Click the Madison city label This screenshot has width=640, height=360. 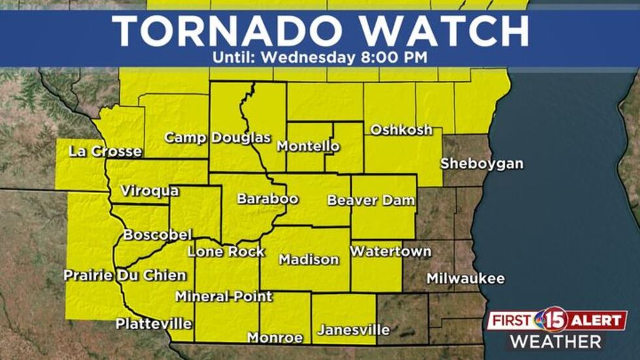[309, 259]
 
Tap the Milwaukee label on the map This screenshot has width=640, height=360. [466, 278]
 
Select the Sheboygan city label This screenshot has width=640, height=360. [481, 163]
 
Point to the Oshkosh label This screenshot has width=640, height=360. [401, 129]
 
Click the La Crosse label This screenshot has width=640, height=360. [105, 152]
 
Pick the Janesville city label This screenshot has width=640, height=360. [353, 330]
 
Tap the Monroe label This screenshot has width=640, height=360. [275, 338]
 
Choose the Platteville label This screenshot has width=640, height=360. [153, 323]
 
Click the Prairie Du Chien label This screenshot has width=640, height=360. [125, 275]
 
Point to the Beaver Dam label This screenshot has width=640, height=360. [371, 200]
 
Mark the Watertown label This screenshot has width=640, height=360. [391, 251]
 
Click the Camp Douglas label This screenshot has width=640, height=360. [217, 137]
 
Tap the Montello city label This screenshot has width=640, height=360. [308, 146]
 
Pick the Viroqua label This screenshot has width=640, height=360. [150, 191]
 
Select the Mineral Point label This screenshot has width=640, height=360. [223, 296]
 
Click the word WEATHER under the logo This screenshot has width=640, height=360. [556, 341]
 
